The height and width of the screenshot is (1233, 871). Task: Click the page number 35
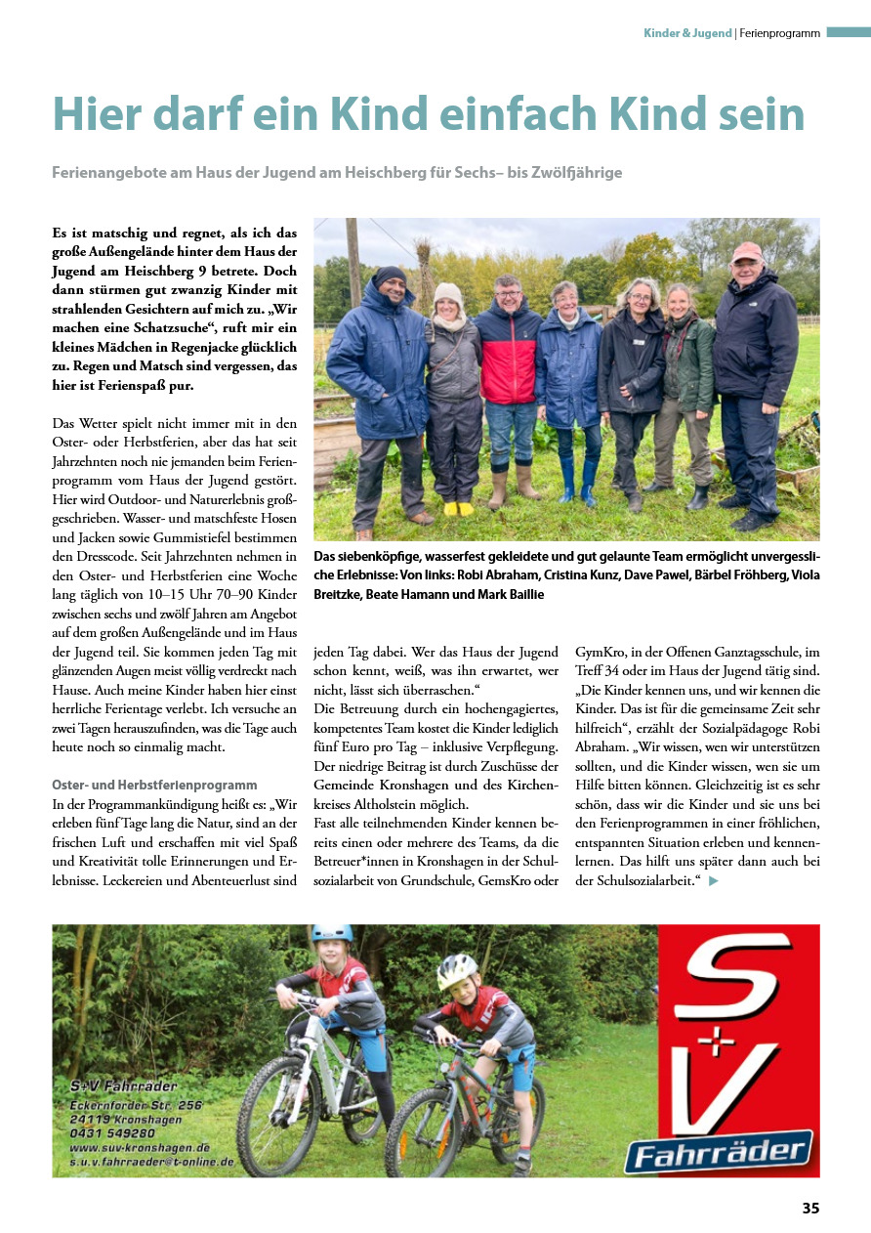[810, 1208]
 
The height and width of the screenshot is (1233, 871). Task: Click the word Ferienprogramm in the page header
[779, 33]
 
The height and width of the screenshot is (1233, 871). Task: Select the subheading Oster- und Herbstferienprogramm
[154, 785]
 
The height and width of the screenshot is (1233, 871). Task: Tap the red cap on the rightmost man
[747, 251]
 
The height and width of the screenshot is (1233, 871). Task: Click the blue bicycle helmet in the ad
[332, 934]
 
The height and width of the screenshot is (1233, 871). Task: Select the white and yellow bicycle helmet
[457, 970]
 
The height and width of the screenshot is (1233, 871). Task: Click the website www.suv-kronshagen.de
[141, 1147]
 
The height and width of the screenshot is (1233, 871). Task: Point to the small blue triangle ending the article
[714, 881]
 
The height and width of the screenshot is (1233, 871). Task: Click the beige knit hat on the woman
[448, 293]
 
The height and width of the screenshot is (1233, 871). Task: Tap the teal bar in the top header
[848, 32]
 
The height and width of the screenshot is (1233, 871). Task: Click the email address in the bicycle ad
[151, 1162]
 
